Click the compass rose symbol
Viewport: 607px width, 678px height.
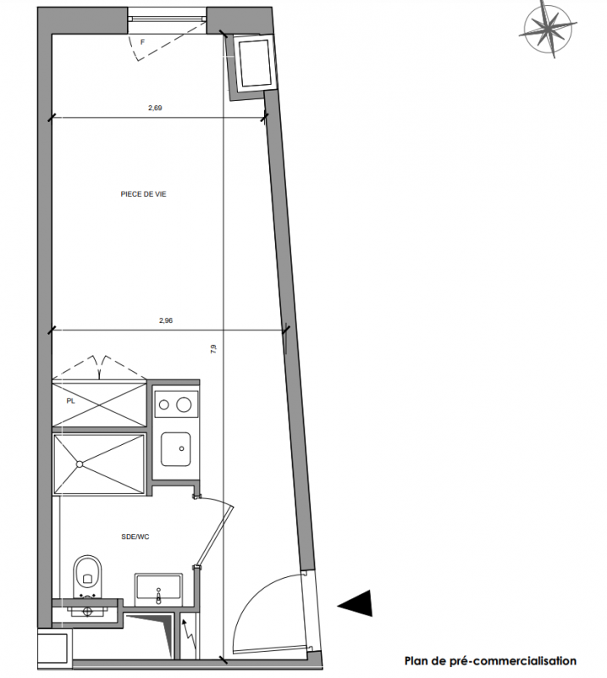pos(548,30)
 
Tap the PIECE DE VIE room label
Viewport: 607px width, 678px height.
pos(143,195)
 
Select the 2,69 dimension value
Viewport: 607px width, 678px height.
pos(155,108)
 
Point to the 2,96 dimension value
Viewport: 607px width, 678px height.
pos(166,321)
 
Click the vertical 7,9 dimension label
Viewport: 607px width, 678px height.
pos(213,349)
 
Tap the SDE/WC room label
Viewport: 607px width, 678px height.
pos(135,537)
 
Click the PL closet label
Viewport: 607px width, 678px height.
pos(71,401)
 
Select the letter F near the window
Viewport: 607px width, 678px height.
pos(142,42)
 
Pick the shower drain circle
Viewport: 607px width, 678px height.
pos(80,464)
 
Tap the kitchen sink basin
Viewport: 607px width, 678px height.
pos(176,449)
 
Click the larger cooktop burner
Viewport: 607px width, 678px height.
pos(184,405)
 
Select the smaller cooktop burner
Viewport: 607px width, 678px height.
pos(163,405)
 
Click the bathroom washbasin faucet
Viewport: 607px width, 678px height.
pos(158,596)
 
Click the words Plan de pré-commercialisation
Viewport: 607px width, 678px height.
pos(490,661)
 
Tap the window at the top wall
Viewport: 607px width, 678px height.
pos(168,19)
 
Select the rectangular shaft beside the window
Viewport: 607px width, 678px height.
pos(256,63)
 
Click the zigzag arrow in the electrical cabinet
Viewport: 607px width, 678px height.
pos(187,636)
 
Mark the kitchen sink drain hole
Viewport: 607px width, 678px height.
pos(181,449)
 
